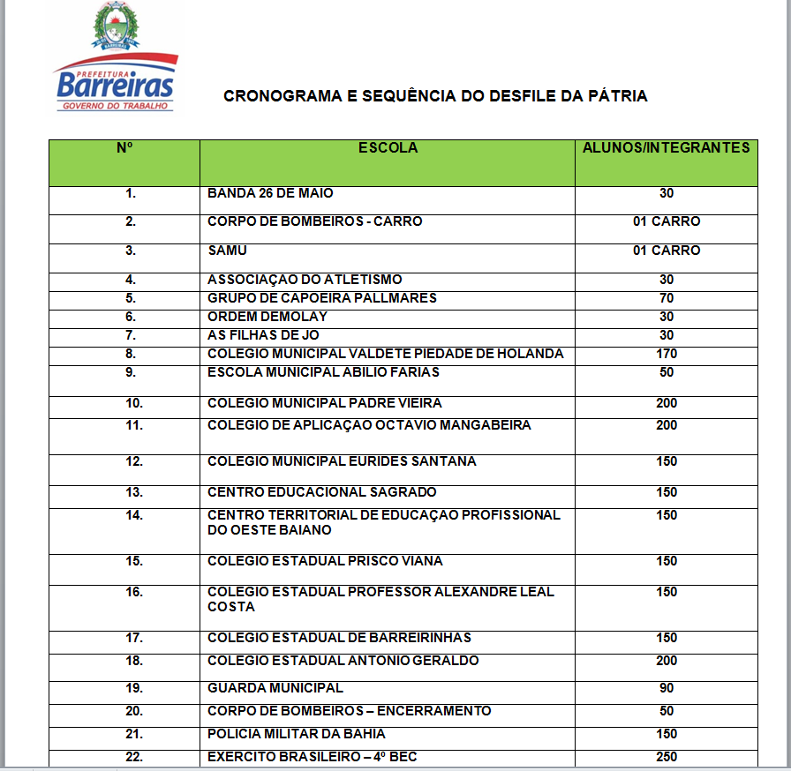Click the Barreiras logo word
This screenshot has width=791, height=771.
point(116,86)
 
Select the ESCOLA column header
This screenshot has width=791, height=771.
point(388,148)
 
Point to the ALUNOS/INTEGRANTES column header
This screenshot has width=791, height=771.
point(666,148)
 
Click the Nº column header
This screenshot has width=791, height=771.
point(124,148)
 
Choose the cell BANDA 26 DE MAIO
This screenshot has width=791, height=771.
point(270,193)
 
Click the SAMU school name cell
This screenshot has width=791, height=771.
point(227,251)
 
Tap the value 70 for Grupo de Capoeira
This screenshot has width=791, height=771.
point(666,298)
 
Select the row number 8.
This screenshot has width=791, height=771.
point(131,354)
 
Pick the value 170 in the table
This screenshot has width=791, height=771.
point(667,354)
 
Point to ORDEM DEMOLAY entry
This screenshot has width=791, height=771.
point(267,317)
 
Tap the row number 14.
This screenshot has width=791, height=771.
point(133,515)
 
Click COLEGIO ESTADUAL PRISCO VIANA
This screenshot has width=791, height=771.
point(325,561)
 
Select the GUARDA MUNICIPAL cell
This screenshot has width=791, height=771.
point(275,688)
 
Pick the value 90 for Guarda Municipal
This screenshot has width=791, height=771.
point(666,688)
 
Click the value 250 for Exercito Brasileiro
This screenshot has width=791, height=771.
point(667,757)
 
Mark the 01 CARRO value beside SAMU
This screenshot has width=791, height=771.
point(667,251)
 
